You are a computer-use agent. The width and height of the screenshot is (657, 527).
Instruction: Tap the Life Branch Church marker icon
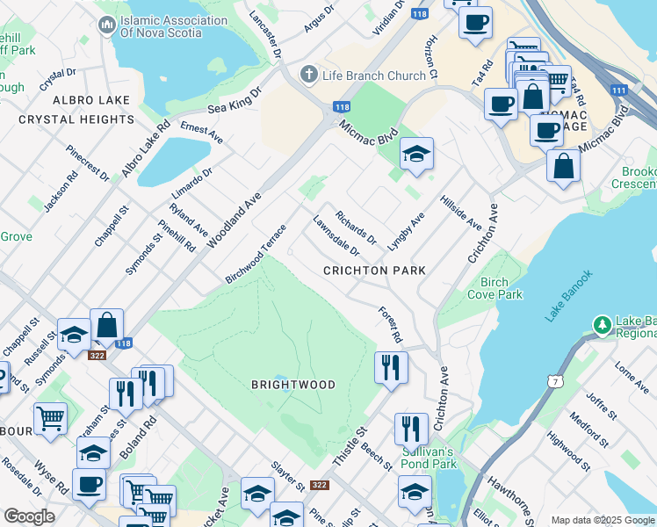(308, 76)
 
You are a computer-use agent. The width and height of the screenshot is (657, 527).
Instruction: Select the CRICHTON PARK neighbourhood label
(374, 271)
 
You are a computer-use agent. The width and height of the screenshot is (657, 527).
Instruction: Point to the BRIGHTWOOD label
(293, 385)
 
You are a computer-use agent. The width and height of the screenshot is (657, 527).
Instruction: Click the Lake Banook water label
(568, 296)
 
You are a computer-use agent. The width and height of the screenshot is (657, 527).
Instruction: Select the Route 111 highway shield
(619, 90)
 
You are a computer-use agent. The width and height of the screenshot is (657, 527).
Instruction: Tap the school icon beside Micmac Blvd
(416, 155)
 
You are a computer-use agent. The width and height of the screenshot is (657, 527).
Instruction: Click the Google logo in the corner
(29, 516)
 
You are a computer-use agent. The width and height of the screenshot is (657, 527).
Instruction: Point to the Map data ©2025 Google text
(603, 520)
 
